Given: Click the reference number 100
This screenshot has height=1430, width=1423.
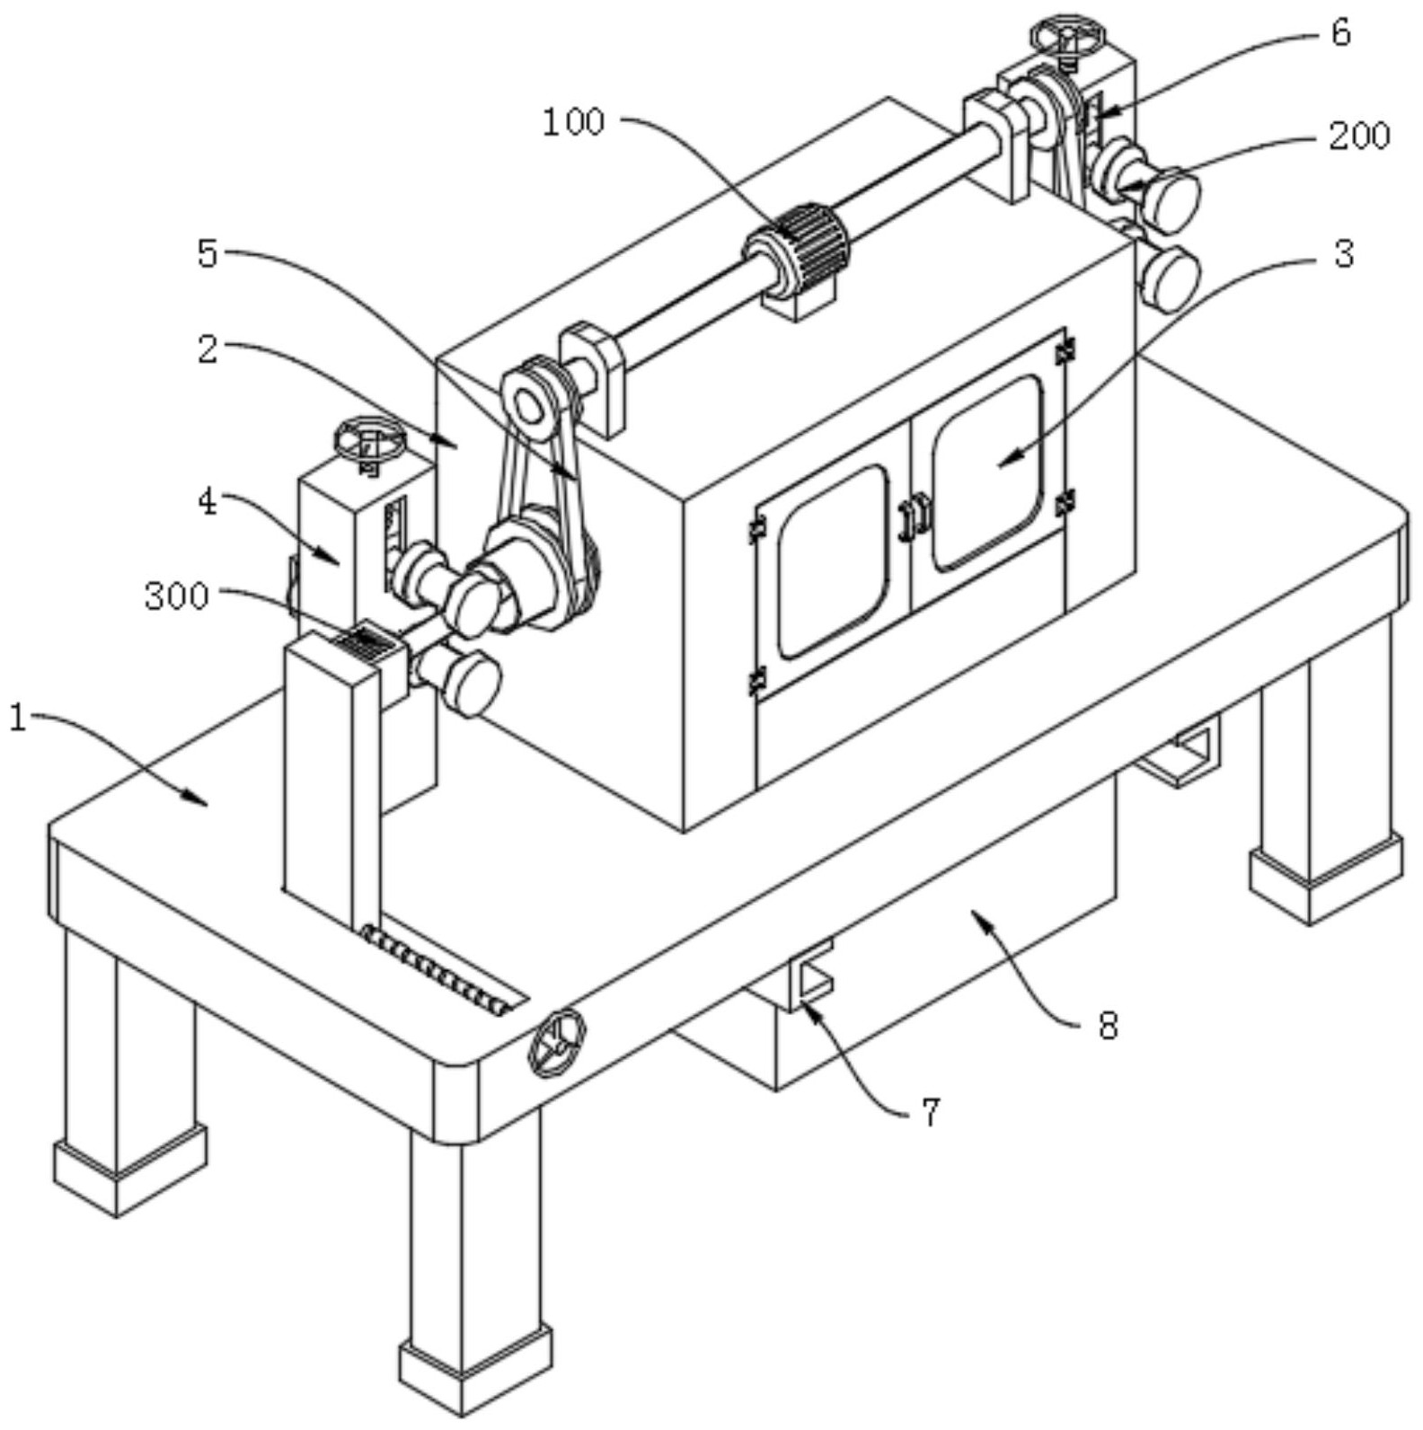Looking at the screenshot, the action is [573, 122].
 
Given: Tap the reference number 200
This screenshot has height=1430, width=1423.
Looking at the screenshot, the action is [1359, 136].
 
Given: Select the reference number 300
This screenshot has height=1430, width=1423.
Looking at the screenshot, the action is [177, 596].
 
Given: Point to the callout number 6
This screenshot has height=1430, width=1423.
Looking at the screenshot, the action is [1340, 33].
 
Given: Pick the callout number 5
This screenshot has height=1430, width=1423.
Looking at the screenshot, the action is [208, 254].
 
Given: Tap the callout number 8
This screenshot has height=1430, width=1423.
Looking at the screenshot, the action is [1109, 1025].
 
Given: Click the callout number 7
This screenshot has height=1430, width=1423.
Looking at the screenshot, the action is [931, 1112].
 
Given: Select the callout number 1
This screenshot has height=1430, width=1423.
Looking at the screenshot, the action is [18, 719].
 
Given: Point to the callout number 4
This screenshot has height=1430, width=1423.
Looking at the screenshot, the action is [208, 502].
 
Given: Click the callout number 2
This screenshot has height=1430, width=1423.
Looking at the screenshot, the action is [208, 349].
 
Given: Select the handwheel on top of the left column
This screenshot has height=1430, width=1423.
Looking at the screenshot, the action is [370, 439].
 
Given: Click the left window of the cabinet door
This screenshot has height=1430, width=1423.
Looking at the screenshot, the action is [833, 562].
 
